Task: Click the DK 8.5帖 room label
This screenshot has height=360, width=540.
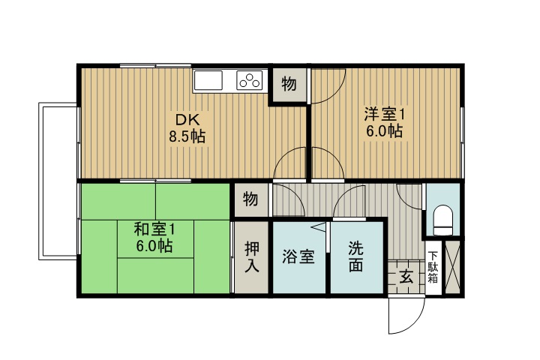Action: click(x=187, y=128)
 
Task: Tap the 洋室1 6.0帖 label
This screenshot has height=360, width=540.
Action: click(x=384, y=122)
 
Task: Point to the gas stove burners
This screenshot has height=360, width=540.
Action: click(x=250, y=79)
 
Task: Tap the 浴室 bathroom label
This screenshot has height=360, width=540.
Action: click(x=298, y=256)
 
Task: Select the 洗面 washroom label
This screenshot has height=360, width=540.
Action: click(x=355, y=256)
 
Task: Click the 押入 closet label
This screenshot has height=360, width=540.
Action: click(x=251, y=256)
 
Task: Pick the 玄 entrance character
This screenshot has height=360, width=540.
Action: click(x=406, y=276)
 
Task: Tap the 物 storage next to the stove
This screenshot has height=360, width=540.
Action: click(x=288, y=84)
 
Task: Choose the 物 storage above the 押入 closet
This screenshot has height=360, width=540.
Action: click(x=250, y=199)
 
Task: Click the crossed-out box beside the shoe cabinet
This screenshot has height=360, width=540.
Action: click(x=453, y=267)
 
